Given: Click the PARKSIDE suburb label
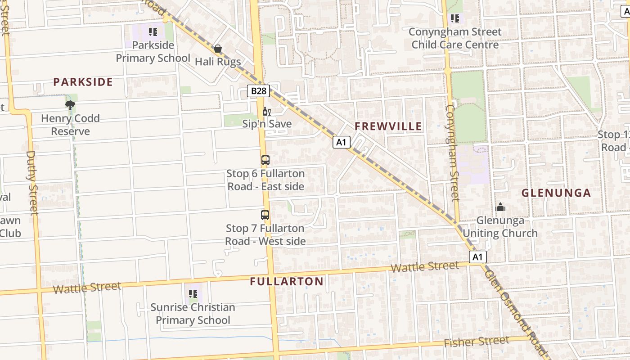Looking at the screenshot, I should tap(83, 82).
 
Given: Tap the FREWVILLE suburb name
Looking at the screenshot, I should tap(388, 126).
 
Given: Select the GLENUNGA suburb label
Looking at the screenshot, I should tap(556, 193).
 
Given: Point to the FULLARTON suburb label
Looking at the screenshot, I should tap(287, 282).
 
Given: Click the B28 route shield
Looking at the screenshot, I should tap(259, 91).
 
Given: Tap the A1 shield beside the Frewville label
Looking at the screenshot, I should tap(342, 142).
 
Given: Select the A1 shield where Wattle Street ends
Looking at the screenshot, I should tap(477, 257).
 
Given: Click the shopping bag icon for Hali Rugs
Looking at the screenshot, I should tap(218, 49).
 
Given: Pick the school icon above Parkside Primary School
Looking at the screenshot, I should tap(153, 32).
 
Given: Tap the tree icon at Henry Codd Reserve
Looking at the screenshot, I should tap(70, 105).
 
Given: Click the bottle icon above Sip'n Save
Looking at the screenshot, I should tap(266, 111).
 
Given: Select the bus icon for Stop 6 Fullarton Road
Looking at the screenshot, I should tap(265, 160).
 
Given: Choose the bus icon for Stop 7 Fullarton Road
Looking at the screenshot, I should tap(265, 215).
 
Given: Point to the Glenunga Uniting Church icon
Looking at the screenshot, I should tap(500, 207).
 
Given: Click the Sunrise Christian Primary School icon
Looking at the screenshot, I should tap(193, 294).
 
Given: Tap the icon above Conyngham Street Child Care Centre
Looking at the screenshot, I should tap(455, 18).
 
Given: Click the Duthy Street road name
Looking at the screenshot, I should tap(31, 182).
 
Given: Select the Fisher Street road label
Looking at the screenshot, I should tap(477, 342).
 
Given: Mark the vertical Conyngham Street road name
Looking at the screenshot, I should tap(452, 153).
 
